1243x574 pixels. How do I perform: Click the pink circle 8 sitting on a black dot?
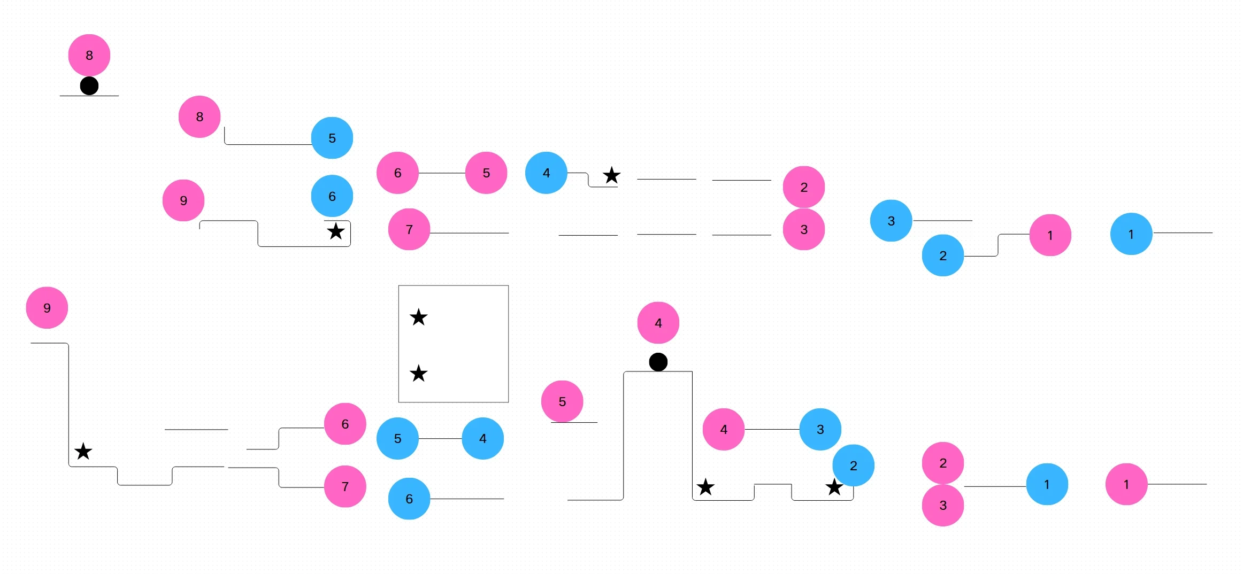point(89,55)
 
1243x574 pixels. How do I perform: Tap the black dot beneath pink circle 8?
point(89,86)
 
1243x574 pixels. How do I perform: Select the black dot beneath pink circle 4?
point(658,362)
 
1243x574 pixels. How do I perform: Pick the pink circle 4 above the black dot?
point(658,323)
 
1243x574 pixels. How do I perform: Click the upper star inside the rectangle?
point(418,317)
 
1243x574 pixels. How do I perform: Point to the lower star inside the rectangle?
point(418,373)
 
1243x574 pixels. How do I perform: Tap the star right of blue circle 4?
point(611,175)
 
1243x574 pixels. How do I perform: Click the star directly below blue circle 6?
point(336,231)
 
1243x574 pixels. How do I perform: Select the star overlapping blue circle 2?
point(834,487)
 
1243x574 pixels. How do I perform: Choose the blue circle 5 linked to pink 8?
point(332,138)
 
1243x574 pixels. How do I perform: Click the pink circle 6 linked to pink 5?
point(397,173)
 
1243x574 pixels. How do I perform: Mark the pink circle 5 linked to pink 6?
point(486,173)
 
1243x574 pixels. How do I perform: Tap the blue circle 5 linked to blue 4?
point(397,438)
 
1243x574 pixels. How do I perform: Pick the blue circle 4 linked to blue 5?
point(482,438)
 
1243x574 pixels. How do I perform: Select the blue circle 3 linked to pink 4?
point(820,429)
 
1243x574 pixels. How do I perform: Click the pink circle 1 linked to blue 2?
point(1050,235)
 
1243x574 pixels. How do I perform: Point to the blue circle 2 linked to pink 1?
point(942,255)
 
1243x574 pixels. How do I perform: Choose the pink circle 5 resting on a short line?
point(562,401)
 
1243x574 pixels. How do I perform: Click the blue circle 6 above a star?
point(332,196)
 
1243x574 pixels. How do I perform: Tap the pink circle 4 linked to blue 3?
point(723,429)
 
